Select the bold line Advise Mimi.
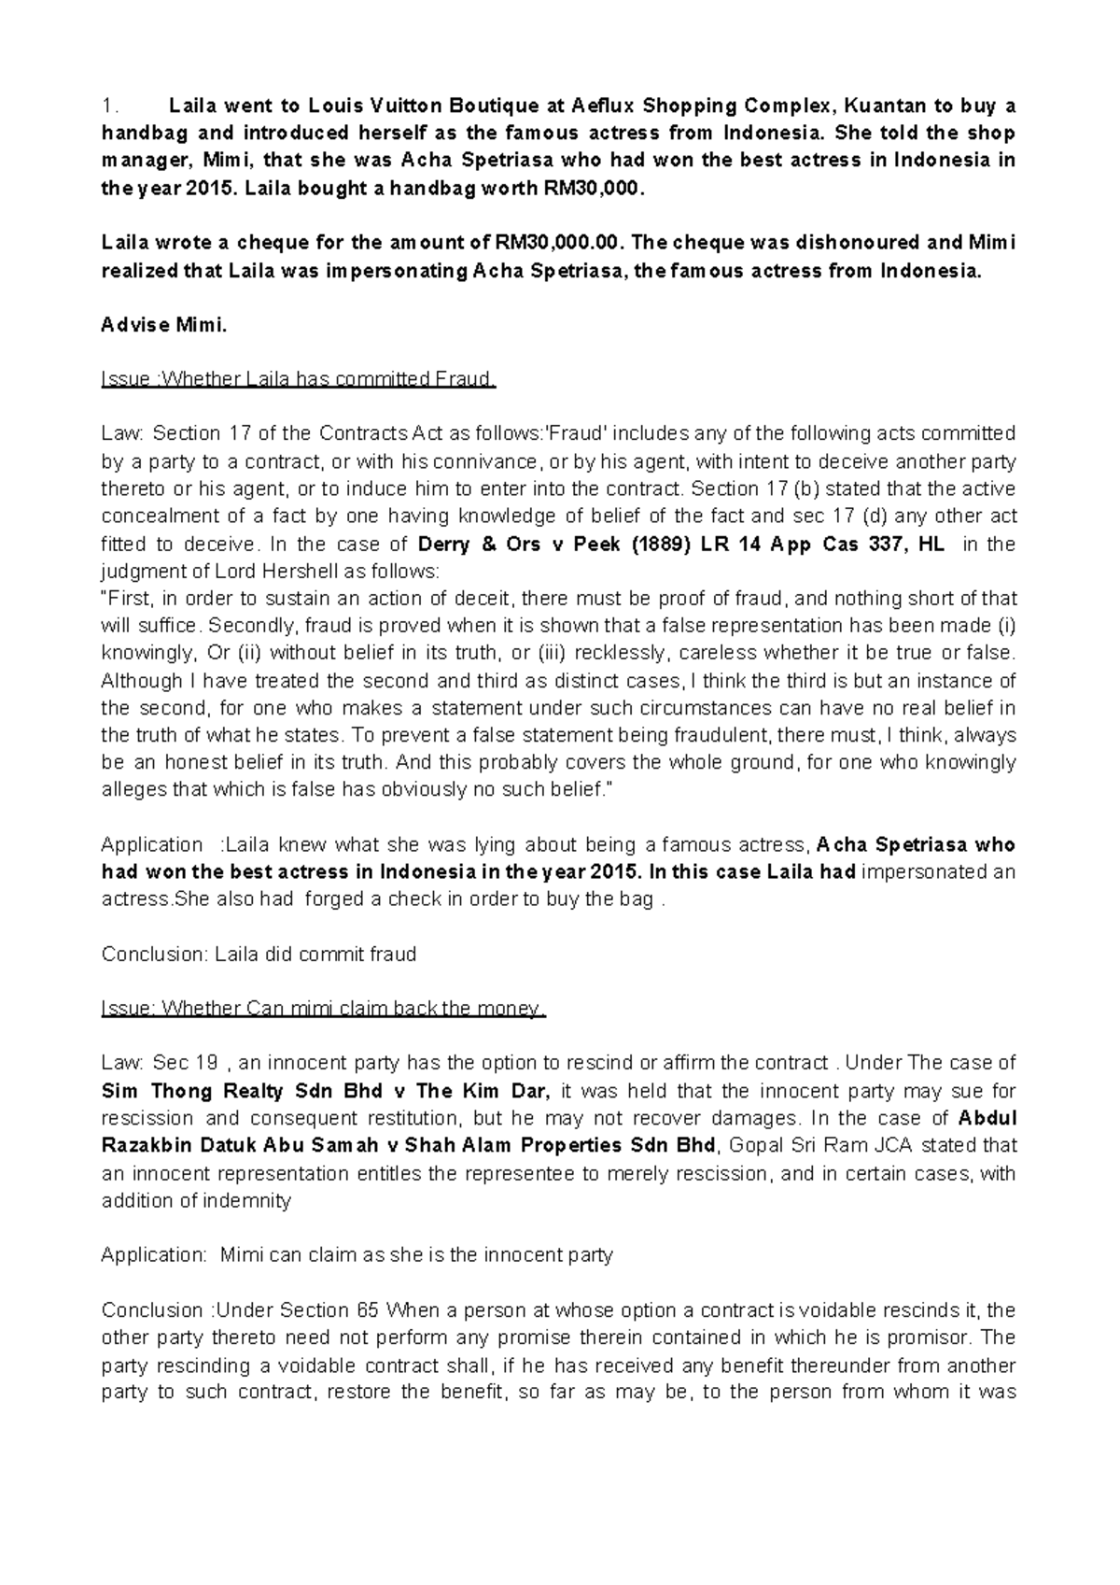pos(163,326)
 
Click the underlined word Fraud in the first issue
pos(466,380)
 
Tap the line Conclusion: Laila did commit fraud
pos(259,955)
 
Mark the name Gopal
pos(755,1146)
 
